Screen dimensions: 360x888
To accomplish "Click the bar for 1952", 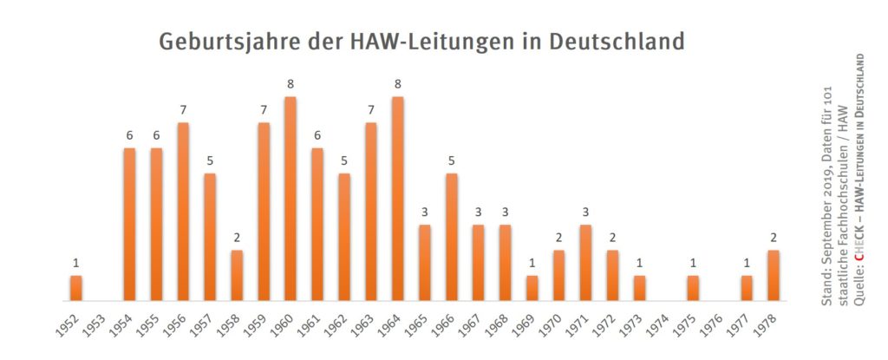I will (x=76, y=288).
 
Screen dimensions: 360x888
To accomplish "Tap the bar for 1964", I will (x=398, y=199).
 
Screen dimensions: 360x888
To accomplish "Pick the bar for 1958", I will (x=237, y=275).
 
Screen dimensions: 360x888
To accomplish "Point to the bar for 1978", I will (x=774, y=275).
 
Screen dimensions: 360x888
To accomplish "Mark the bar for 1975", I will (x=693, y=288).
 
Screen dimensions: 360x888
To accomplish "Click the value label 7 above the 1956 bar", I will (x=183, y=109).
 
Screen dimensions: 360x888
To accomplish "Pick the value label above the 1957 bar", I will (x=210, y=160).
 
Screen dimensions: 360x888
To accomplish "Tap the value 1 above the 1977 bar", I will (x=747, y=262).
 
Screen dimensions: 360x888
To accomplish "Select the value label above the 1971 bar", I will (x=585, y=212).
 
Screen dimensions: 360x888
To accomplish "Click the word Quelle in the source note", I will (x=859, y=282).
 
